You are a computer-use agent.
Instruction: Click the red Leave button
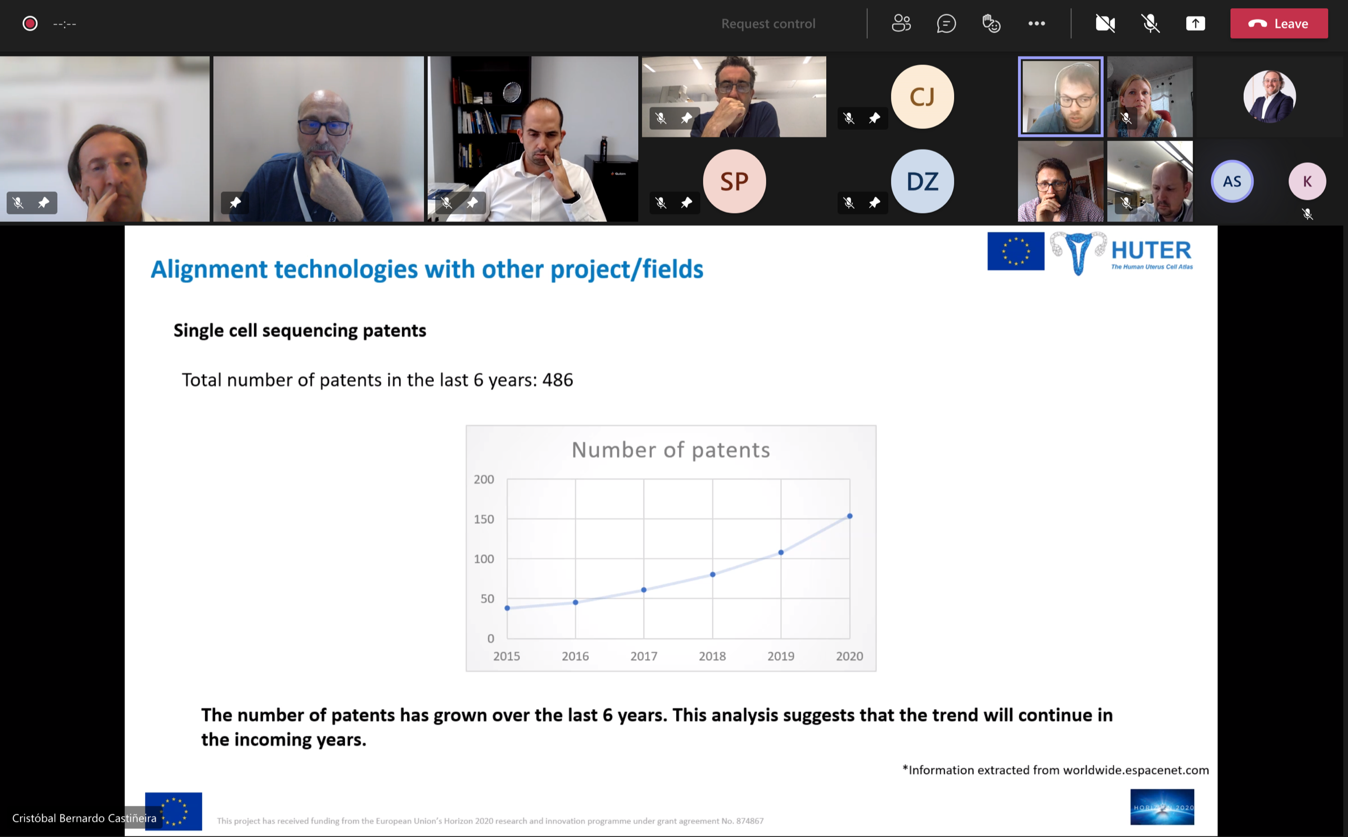click(x=1279, y=23)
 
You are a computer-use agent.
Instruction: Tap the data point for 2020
click(x=850, y=516)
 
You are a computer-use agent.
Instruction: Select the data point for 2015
click(x=507, y=608)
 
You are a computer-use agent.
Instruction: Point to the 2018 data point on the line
click(x=712, y=574)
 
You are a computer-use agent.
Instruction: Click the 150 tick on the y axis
click(x=484, y=519)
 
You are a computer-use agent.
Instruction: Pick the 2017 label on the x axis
click(x=644, y=656)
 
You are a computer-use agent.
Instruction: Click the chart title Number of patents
click(x=671, y=450)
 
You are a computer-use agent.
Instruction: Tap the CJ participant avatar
click(x=923, y=97)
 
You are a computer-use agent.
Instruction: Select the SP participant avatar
click(x=735, y=181)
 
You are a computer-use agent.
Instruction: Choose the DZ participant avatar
click(x=923, y=181)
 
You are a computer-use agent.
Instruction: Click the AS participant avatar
click(x=1232, y=181)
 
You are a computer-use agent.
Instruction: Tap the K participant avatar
click(x=1307, y=181)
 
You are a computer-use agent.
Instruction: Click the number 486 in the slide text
click(x=558, y=380)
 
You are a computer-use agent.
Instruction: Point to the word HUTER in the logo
click(x=1152, y=250)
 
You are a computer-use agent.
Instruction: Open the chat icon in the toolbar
click(x=946, y=23)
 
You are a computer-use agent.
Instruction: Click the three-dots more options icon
click(x=1037, y=23)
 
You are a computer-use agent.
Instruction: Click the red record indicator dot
click(x=30, y=23)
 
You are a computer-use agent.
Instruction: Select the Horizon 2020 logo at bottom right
click(x=1162, y=806)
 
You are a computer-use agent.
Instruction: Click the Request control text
click(x=768, y=23)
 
